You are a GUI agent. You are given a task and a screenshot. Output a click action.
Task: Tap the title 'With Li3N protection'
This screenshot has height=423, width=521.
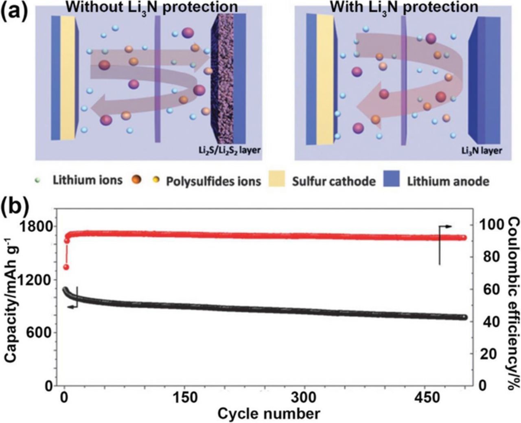pos(404,7)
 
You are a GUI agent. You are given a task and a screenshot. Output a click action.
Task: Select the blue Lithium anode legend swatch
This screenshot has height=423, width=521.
pos(392,180)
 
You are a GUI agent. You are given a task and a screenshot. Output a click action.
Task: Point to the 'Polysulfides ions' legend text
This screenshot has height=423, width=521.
pos(213,181)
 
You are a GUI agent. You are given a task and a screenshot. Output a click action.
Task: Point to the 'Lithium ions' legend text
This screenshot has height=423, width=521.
pos(88,180)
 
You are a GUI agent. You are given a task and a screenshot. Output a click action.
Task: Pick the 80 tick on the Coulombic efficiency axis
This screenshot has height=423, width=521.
pos(488,257)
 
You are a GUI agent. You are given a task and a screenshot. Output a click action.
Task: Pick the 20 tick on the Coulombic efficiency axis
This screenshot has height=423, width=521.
pos(488,354)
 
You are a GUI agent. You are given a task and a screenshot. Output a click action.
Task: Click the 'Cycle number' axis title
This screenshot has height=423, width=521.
pos(269,414)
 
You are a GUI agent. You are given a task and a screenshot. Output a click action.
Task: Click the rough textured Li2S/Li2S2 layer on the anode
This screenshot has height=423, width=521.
pos(222,77)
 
